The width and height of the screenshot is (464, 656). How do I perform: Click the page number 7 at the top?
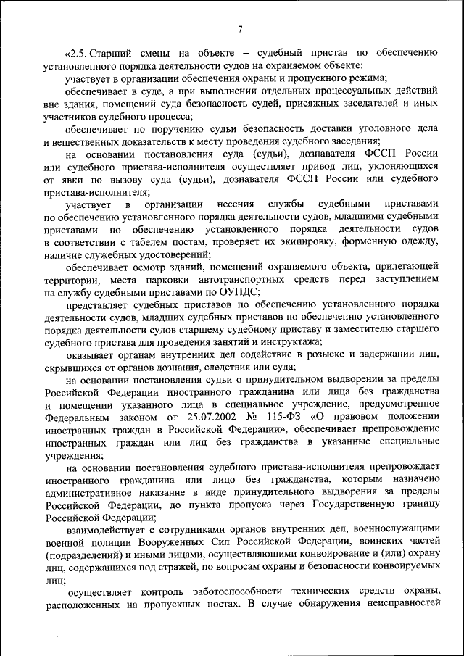[x=240, y=29]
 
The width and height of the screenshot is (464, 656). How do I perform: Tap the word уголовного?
[x=381, y=128]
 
